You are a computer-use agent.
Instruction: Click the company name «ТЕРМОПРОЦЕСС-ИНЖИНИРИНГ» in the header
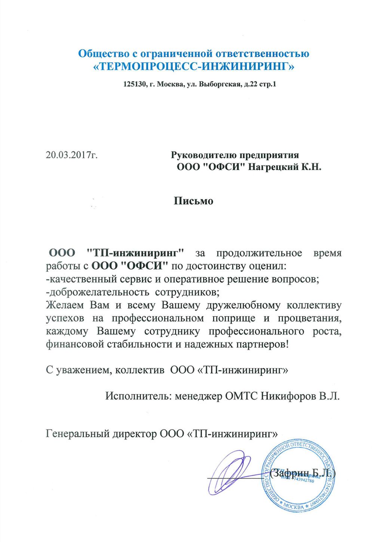click(x=193, y=67)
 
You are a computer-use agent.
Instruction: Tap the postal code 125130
click(x=135, y=84)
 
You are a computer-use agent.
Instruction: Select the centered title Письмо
click(x=193, y=201)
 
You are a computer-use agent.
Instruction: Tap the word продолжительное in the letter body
click(x=259, y=253)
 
